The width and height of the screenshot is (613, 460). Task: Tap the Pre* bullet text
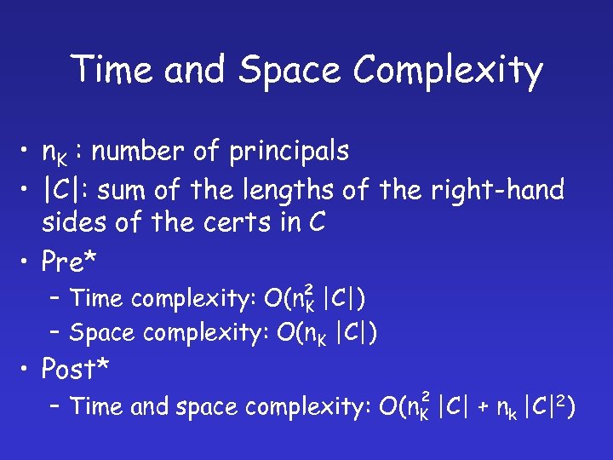[x=76, y=262]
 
